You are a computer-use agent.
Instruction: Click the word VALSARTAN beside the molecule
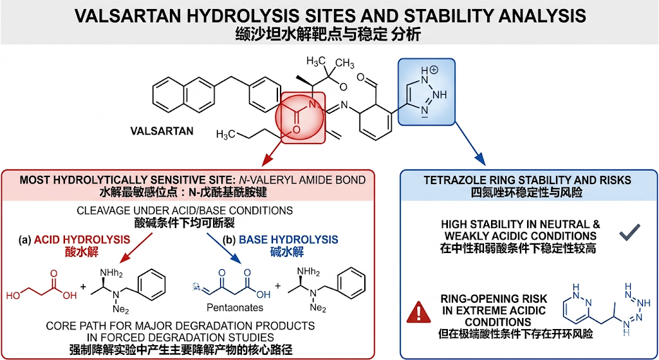162,131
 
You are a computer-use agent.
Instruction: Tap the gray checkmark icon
629,232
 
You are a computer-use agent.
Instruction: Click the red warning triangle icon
418,312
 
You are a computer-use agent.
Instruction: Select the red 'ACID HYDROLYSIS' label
82,240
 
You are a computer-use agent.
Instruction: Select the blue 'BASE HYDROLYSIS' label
288,240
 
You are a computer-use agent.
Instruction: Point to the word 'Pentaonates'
235,308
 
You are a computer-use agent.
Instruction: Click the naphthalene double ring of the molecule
183,95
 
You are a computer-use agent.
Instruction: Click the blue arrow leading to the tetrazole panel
470,144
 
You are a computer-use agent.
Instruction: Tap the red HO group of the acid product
13,296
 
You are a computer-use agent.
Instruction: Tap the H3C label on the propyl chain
225,135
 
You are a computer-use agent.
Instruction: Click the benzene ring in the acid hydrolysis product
151,285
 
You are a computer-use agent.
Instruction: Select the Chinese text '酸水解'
82,252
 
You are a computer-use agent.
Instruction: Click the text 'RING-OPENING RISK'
494,299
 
